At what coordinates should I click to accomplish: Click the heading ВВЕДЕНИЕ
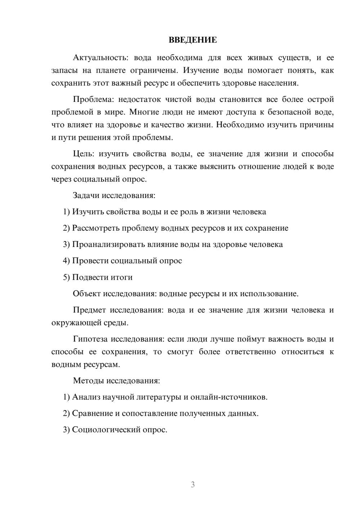coord(193,40)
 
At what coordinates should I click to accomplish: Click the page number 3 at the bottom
coord(193,485)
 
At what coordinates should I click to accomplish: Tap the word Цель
coord(83,154)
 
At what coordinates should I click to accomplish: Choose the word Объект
coord(87,294)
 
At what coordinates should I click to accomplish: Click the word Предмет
coord(89,310)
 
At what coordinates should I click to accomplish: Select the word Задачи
coord(86,195)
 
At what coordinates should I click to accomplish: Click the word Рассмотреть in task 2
coord(96,228)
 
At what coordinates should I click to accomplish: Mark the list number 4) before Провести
coord(66,261)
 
